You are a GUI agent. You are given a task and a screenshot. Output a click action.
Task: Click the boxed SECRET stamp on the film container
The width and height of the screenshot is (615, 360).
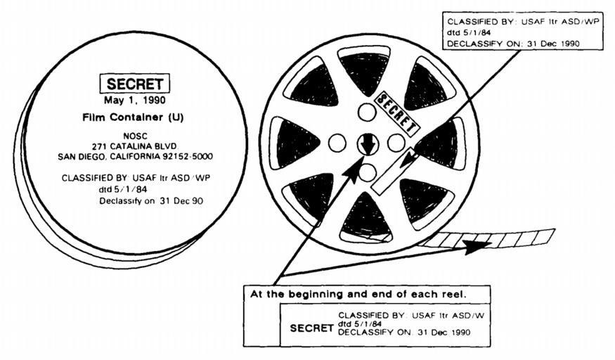point(134,84)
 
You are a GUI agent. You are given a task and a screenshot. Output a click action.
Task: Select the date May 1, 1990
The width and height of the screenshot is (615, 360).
point(134,101)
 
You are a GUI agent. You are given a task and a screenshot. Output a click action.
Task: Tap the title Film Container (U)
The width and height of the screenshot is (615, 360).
point(133,117)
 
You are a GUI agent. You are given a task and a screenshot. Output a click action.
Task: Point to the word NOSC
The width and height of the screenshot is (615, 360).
point(136,136)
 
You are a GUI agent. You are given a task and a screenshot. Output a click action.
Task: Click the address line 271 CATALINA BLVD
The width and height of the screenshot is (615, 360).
point(135,146)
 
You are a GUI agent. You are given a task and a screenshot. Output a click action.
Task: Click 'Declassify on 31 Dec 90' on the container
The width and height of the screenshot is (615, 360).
point(151,201)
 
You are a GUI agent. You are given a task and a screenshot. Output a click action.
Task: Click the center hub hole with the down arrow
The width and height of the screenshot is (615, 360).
point(368,143)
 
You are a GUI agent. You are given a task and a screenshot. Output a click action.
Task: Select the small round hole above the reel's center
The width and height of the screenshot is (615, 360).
point(367,112)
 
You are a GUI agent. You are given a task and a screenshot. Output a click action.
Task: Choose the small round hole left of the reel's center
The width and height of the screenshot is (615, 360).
point(337,143)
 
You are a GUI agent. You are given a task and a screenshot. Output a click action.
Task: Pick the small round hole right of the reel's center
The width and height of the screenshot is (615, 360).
point(396,143)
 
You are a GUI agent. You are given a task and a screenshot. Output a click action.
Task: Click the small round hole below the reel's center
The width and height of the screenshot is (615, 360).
point(368,172)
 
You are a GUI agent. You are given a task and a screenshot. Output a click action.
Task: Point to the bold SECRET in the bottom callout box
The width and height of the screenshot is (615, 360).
point(311,328)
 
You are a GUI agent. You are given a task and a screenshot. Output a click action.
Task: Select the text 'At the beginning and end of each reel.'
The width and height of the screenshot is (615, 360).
point(358,294)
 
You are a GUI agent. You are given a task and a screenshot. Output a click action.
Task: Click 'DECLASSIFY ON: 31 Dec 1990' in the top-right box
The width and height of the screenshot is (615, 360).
point(513,44)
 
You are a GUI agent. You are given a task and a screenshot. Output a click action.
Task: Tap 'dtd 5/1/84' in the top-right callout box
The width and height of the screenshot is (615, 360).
point(469,32)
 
